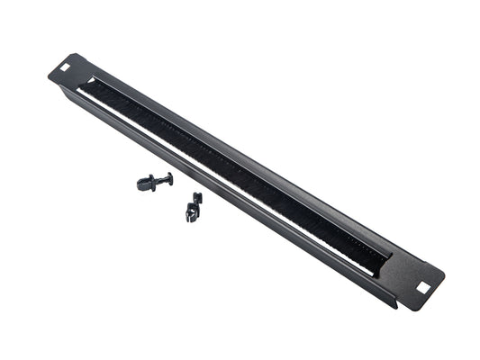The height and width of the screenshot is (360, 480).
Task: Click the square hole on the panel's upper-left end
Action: pos(66,65)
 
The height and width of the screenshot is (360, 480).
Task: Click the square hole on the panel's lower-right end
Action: pos(422,286)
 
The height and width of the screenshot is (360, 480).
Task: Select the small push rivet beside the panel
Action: pos(153,183)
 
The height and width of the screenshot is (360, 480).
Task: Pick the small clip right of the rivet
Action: pos(193,207)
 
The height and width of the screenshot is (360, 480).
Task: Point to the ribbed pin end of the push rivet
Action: pos(144,184)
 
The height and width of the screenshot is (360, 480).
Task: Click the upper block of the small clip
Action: pos(197,198)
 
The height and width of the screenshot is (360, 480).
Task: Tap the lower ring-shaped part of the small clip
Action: pos(191,214)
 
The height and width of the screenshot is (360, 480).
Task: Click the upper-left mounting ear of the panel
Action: pos(66,67)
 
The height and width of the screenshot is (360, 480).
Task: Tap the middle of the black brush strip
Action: pos(234,172)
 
